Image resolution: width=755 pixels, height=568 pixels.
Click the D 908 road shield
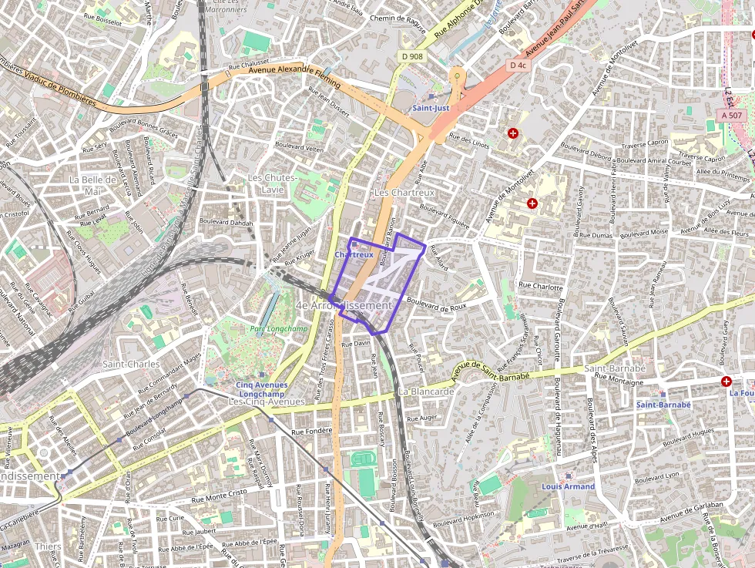412,56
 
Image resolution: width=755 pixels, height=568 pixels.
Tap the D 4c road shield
518,66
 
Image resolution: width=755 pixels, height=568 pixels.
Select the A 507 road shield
731,115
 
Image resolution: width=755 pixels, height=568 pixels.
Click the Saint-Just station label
431,108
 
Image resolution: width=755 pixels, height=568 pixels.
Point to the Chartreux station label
354,254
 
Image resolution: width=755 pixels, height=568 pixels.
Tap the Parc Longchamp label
267,329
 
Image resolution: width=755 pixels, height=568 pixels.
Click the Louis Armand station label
568,486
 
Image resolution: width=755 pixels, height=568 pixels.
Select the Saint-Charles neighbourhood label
131,364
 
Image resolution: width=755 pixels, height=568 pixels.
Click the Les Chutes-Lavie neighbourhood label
273,183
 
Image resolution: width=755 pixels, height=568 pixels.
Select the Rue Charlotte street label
541,285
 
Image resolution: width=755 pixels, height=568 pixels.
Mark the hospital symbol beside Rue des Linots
513,133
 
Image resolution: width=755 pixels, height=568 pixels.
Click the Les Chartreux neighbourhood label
404,192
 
